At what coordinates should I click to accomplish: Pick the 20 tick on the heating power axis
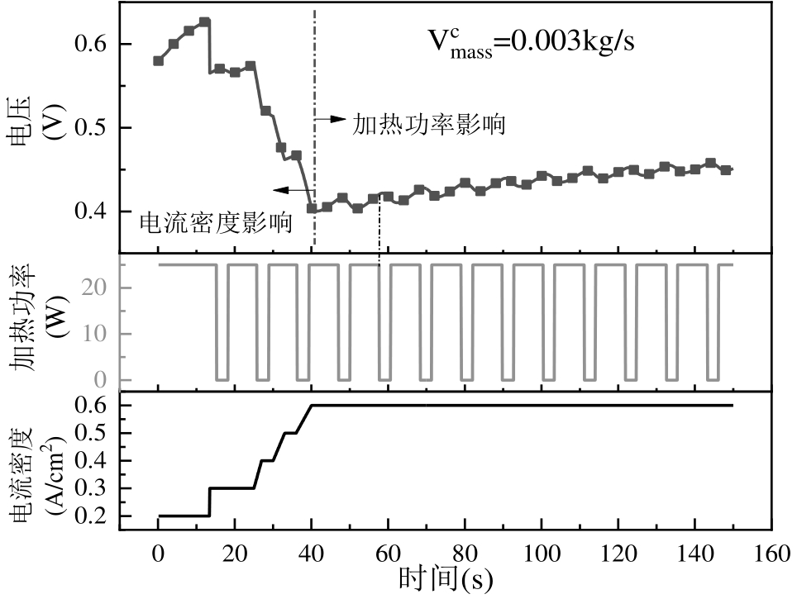click(x=98, y=288)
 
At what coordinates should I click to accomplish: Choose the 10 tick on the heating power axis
click(x=98, y=334)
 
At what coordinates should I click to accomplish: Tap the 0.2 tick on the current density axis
click(x=93, y=516)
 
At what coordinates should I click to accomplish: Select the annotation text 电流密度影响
click(x=216, y=221)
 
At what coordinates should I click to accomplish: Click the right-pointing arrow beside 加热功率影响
click(x=331, y=119)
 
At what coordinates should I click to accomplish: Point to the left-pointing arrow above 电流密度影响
click(x=289, y=190)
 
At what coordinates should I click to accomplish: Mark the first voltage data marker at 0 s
click(x=159, y=60)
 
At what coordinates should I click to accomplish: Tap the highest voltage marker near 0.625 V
click(x=203, y=22)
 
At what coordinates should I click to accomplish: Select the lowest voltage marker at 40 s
click(x=312, y=208)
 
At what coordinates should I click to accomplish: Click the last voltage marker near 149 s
click(x=726, y=170)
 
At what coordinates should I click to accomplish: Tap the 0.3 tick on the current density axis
click(x=93, y=488)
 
